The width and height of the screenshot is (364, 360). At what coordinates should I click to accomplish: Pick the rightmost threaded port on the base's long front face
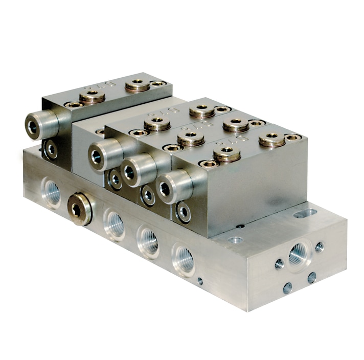tap(184, 259)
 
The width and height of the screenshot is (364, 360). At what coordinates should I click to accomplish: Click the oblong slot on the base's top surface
tap(305, 212)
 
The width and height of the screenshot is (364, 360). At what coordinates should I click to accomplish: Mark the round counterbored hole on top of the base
tap(235, 239)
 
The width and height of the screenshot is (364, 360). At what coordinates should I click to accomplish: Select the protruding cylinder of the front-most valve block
tap(173, 187)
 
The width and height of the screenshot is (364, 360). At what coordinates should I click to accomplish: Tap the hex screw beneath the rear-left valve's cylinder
tap(51, 149)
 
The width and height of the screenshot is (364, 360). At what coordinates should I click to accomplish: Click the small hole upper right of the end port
tap(320, 247)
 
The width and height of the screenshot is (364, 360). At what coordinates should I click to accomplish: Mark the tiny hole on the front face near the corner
tap(200, 281)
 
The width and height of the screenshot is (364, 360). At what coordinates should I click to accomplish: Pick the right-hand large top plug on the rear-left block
tap(136, 84)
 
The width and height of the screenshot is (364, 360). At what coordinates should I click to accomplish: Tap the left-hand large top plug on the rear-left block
tap(92, 96)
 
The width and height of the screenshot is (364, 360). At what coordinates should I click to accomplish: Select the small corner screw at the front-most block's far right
tap(293, 137)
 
